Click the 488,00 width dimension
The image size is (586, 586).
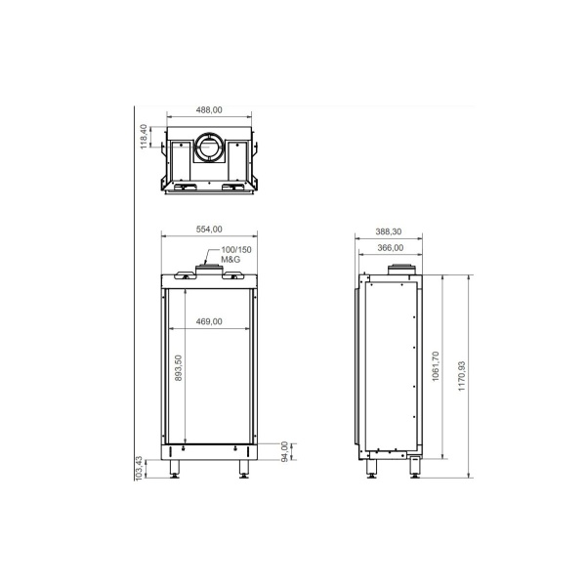point(209,110)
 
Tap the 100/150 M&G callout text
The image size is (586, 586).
point(235,257)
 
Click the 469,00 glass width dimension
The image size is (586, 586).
point(209,321)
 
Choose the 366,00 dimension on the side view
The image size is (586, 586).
point(391,249)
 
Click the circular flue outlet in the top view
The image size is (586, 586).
point(209,148)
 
